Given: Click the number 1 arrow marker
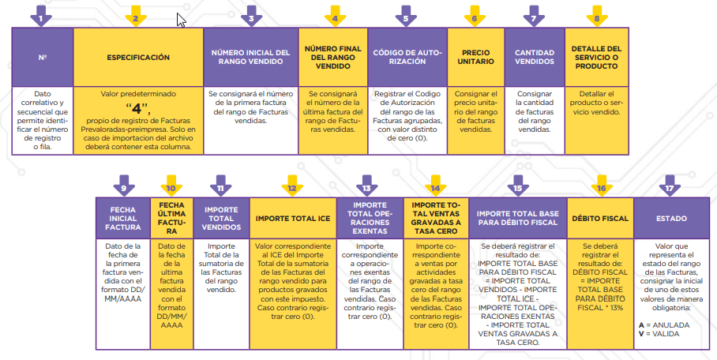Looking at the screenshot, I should [x=42, y=16].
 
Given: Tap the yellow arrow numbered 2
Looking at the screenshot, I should [x=137, y=16].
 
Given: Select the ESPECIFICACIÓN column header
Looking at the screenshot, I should [x=138, y=58].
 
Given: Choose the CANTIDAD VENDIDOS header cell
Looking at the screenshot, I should [x=534, y=58].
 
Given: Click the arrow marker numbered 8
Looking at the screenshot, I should [x=596, y=16].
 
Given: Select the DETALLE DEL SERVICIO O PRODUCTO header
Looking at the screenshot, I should [x=596, y=58].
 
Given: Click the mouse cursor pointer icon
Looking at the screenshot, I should [x=181, y=19].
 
